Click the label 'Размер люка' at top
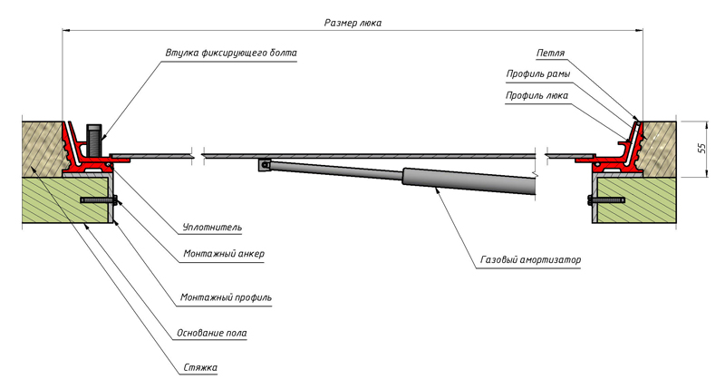(x=353, y=24)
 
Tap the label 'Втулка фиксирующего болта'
(x=231, y=53)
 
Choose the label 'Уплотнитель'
(x=211, y=227)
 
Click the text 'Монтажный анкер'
(x=222, y=254)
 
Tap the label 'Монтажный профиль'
(x=226, y=297)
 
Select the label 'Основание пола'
(x=213, y=333)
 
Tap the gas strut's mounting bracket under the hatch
(x=264, y=165)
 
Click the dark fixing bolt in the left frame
(x=92, y=141)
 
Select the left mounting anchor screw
(x=98, y=199)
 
